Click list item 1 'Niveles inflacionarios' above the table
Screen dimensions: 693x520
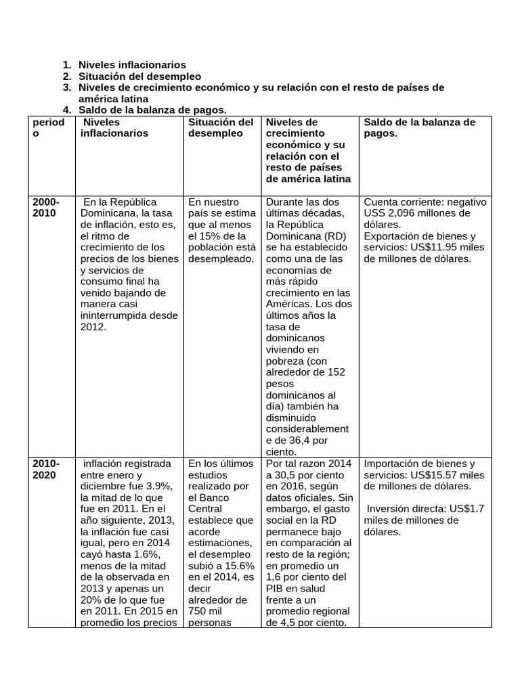131,65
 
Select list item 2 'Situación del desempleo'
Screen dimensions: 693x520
139,76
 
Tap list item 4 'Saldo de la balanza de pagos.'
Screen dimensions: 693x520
152,110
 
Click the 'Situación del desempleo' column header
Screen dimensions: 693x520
221,128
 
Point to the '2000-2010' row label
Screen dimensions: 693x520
46,208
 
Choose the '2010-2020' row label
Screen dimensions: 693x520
46,469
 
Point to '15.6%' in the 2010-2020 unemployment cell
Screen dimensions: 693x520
237,566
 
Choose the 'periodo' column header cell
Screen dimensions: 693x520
49,128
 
